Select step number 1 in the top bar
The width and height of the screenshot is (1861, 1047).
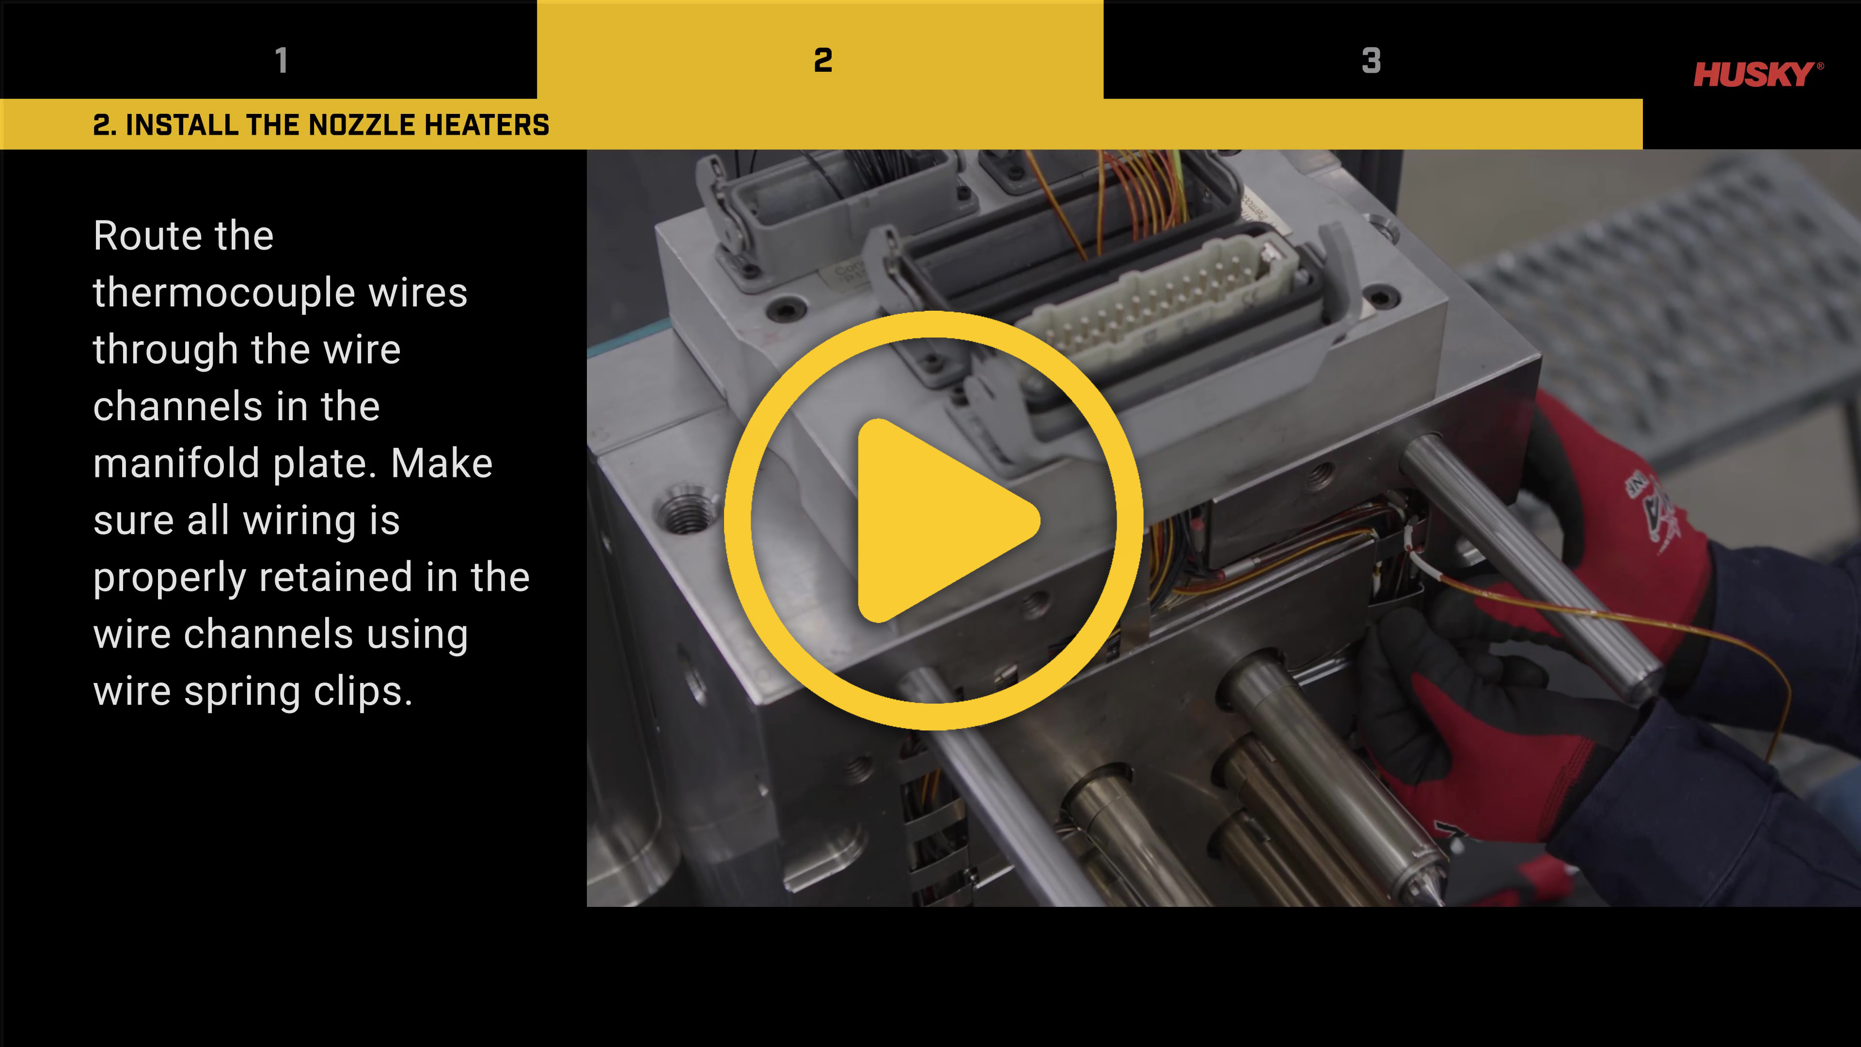pyautogui.click(x=282, y=60)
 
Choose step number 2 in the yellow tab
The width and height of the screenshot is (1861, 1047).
pyautogui.click(x=823, y=60)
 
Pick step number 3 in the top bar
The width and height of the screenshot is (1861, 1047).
pyautogui.click(x=1371, y=60)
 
